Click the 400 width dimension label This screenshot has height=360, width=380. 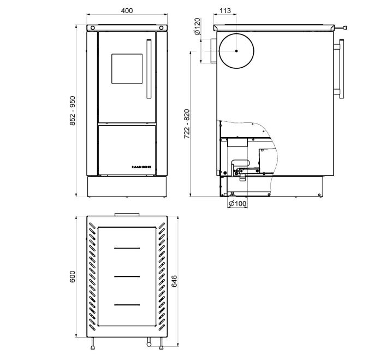pyautogui.click(x=127, y=11)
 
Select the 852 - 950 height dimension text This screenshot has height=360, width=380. pyautogui.click(x=73, y=111)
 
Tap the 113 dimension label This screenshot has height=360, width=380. pyautogui.click(x=225, y=11)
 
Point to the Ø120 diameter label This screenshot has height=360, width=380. pyautogui.click(x=198, y=26)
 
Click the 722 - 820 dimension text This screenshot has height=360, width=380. pyautogui.click(x=187, y=124)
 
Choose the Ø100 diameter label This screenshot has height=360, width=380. pyautogui.click(x=238, y=203)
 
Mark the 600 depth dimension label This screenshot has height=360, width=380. pyautogui.click(x=73, y=276)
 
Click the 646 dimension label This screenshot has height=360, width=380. pyautogui.click(x=174, y=281)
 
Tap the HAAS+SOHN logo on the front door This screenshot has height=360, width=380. pyautogui.click(x=141, y=167)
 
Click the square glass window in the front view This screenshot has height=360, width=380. pyautogui.click(x=127, y=69)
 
